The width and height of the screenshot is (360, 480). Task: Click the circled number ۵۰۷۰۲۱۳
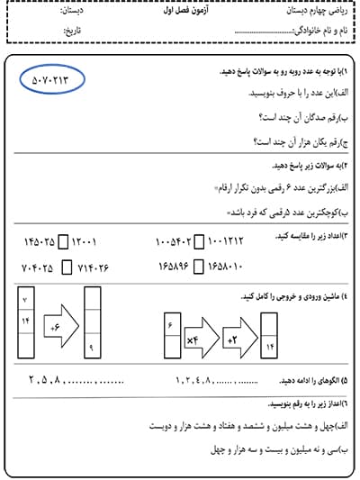(x=51, y=80)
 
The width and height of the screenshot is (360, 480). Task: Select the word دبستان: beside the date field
(x=76, y=14)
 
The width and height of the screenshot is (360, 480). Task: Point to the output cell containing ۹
(x=93, y=347)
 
